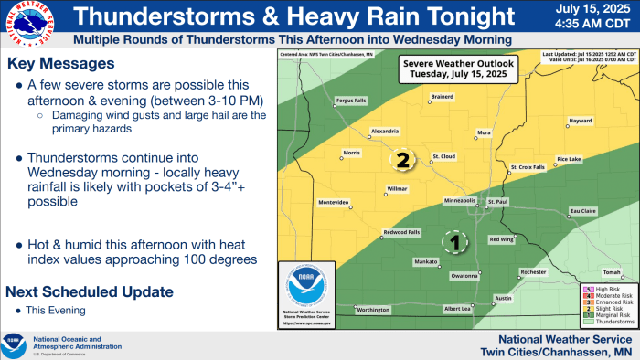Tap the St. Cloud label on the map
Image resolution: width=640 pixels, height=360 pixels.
[443, 155]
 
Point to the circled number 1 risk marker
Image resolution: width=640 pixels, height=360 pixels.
[456, 242]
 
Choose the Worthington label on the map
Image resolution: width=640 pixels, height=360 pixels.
[373, 310]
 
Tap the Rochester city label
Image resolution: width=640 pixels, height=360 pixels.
[533, 272]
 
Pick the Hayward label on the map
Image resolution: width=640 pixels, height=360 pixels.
[581, 121]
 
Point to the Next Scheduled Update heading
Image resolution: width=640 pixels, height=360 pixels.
[89, 291]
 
